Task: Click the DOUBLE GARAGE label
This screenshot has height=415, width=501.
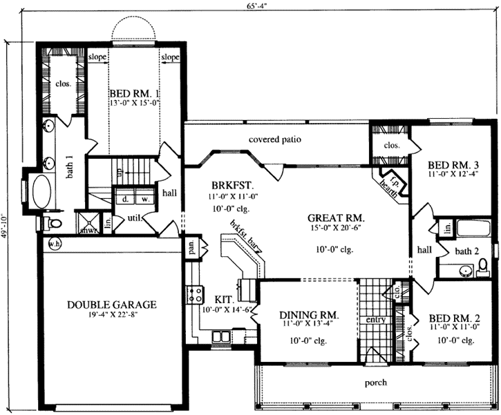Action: point(111,304)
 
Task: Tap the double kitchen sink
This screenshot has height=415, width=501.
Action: point(222,337)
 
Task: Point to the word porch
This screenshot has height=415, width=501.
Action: point(376,382)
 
